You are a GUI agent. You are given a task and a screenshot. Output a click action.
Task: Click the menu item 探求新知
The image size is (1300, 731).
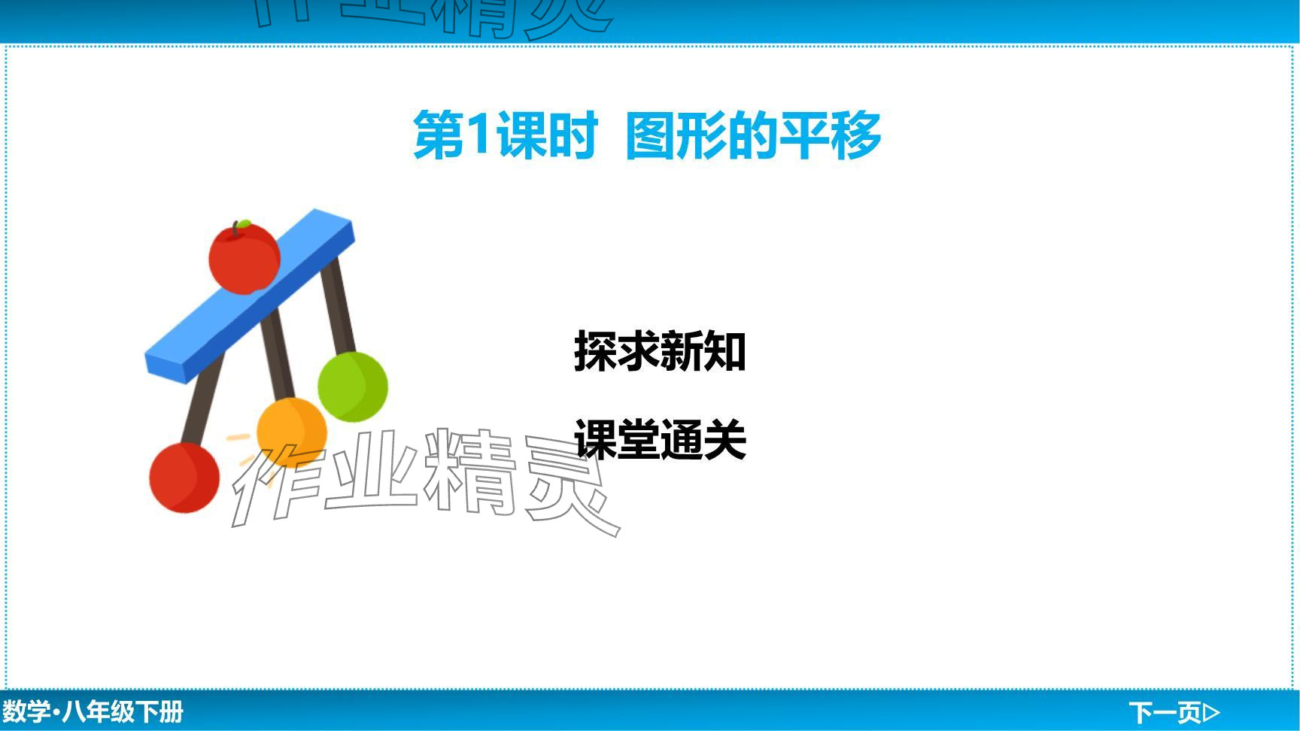(660, 350)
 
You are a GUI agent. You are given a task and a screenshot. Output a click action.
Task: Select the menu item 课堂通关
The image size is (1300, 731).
(660, 439)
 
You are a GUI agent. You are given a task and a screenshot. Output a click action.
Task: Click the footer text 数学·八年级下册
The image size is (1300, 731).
(93, 711)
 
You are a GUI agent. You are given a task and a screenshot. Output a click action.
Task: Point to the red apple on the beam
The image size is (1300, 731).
(245, 257)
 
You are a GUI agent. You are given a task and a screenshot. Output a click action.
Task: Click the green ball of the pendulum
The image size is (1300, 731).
(353, 387)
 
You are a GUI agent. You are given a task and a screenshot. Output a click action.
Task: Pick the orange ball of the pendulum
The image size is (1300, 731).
(292, 433)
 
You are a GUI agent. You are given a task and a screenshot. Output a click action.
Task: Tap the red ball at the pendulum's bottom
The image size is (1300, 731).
(184, 478)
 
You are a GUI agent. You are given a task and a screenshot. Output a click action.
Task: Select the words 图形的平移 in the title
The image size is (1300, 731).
(753, 135)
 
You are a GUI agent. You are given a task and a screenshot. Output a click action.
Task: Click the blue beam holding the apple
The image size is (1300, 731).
(249, 296)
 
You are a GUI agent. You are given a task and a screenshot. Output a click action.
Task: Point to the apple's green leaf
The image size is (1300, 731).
(243, 223)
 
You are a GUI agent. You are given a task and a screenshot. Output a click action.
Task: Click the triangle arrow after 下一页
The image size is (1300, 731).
(1212, 711)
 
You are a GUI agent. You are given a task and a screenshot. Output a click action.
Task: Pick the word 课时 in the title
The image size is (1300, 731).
(547, 135)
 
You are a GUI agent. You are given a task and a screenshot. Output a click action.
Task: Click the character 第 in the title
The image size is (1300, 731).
(438, 135)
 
